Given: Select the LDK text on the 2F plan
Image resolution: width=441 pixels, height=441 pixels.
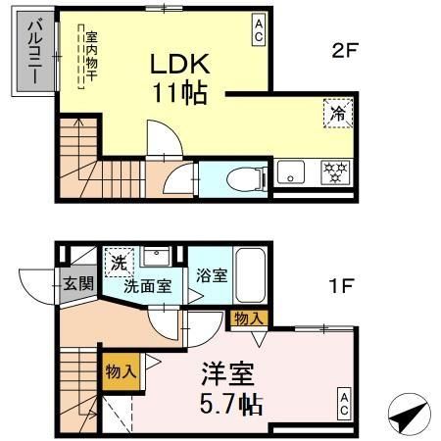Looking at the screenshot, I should pyautogui.click(x=177, y=65).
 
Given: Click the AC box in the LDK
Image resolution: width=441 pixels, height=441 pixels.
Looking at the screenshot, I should pyautogui.click(x=258, y=28).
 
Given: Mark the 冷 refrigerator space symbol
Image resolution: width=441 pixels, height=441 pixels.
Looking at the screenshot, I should pyautogui.click(x=336, y=114).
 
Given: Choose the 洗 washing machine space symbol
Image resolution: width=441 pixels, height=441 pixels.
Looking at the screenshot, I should pyautogui.click(x=118, y=262).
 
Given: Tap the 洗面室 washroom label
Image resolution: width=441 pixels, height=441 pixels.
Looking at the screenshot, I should pyautogui.click(x=147, y=287).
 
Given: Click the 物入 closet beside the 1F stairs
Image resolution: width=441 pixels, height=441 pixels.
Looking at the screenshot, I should pyautogui.click(x=120, y=371).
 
